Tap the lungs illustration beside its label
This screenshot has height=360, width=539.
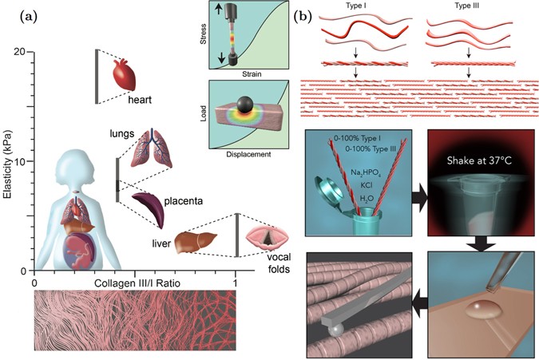[151, 148]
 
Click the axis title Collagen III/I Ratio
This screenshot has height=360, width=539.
[135, 284]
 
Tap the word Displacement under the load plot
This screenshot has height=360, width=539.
[247, 154]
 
